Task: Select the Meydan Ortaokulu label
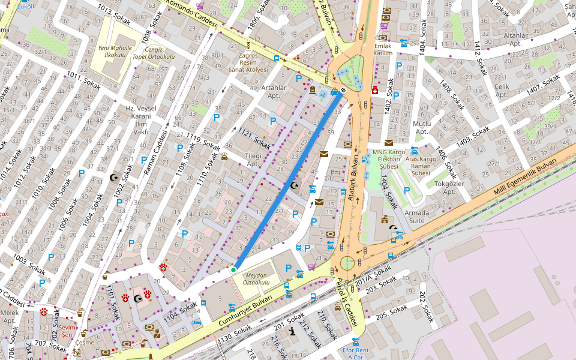257,279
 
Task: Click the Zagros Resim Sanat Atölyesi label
253,62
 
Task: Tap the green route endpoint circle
233,270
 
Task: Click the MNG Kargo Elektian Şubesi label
389,159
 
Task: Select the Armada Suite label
417,217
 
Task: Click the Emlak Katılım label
383,49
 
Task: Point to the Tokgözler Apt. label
450,188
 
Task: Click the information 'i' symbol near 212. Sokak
292,331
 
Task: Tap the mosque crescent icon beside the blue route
294,185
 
